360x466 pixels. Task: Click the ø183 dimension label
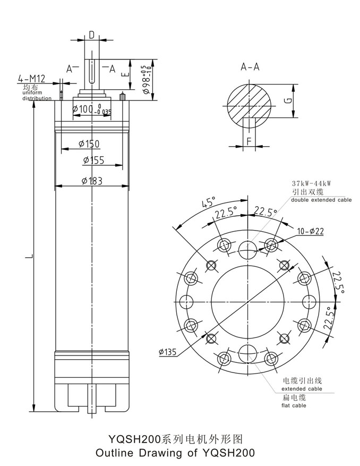pos(92,181)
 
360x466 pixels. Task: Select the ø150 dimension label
pos(89,143)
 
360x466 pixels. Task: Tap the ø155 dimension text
pos(93,160)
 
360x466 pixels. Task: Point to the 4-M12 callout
pos(32,79)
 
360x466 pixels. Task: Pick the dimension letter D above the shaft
pos(91,35)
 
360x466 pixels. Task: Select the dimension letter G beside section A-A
pos(287,100)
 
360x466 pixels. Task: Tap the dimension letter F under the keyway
pos(248,141)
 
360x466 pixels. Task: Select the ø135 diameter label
pos(168,351)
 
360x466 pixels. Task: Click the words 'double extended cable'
pos(321,200)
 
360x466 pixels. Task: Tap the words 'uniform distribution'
pos(37,96)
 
